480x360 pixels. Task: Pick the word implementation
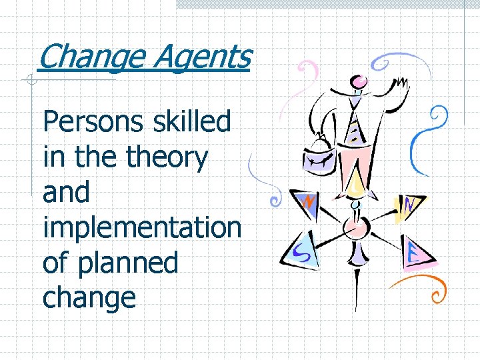coord(141,227)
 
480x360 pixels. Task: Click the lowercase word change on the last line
coord(89,297)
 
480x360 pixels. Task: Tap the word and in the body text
coord(65,193)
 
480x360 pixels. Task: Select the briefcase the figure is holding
coord(320,155)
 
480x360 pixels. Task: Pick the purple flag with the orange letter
coord(308,201)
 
